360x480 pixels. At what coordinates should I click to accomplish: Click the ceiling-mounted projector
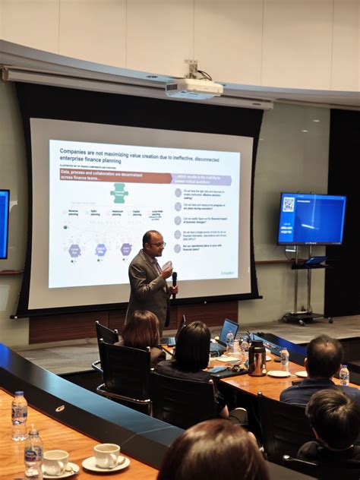(194, 88)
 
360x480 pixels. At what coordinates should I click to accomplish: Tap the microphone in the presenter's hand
(174, 279)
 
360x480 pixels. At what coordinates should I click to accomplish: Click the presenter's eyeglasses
(159, 245)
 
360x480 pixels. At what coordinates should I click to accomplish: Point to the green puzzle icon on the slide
(119, 193)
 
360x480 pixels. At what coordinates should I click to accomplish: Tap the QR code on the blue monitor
(289, 204)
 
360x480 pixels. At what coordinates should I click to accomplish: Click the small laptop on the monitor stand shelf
(314, 261)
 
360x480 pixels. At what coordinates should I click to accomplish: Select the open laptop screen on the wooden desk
(229, 330)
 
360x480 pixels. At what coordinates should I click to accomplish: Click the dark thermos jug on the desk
(257, 358)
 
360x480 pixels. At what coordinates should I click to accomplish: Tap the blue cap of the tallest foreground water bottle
(19, 394)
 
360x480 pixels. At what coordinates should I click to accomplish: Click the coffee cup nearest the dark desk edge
(106, 455)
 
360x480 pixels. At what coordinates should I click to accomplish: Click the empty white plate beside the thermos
(278, 373)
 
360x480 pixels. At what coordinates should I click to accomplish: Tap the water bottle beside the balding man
(344, 374)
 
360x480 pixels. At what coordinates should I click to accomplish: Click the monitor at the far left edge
(4, 224)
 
